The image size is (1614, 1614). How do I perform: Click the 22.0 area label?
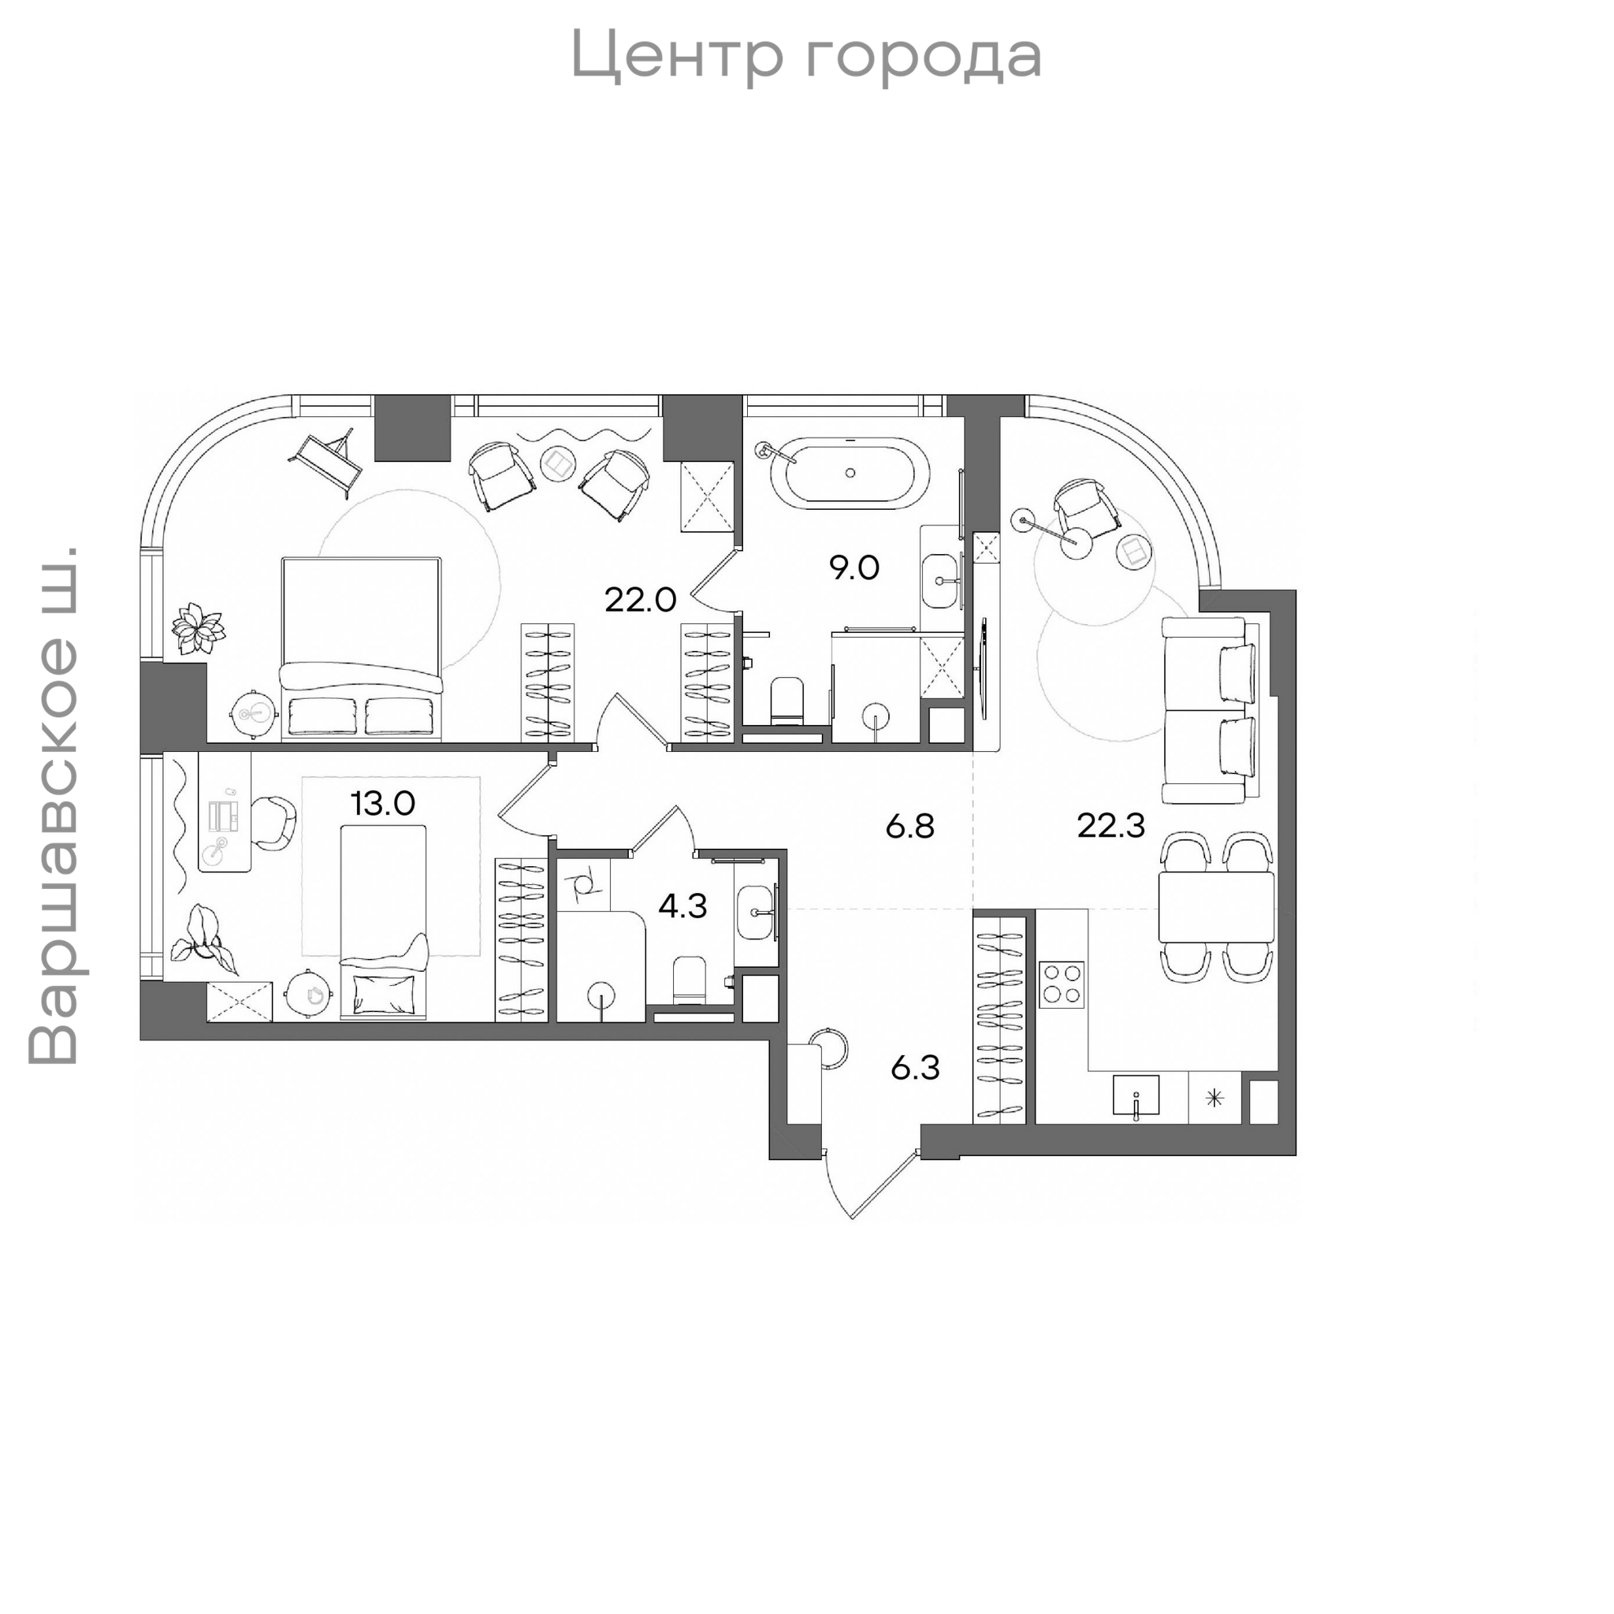pos(640,600)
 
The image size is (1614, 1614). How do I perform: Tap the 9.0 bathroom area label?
pos(853,568)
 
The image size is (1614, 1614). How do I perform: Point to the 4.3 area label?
pos(682,906)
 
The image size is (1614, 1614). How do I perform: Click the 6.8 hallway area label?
pos(909,827)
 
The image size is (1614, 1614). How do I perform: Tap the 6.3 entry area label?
pos(915,1068)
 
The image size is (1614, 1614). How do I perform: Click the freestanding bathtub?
pos(850,473)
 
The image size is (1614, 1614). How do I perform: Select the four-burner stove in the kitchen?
pos(1062,985)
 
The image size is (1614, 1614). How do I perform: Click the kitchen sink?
pos(1136,1095)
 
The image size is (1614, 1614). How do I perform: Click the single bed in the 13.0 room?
pos(384,921)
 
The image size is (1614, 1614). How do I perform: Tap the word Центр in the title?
pos(677,55)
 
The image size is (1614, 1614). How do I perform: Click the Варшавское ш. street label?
pos(54,805)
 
